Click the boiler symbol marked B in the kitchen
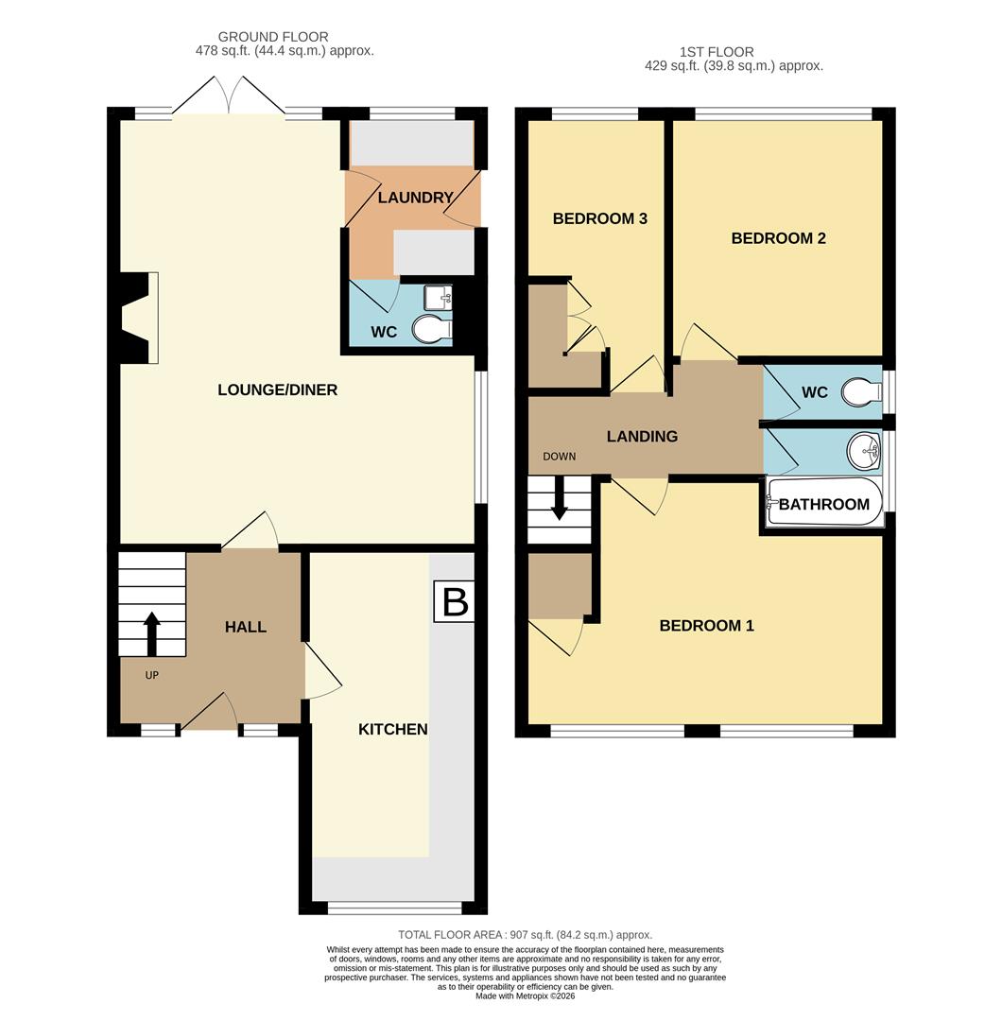point(455,601)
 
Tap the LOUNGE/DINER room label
point(277,389)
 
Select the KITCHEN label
point(392,729)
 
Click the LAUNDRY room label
point(415,198)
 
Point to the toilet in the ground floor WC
point(431,329)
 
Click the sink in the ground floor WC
point(439,298)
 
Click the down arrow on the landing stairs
point(559,499)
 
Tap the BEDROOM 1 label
point(706,625)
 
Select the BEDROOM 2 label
point(778,238)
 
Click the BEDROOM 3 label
point(599,218)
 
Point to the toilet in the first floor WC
point(860,391)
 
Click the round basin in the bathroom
point(863,452)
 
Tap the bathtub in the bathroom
point(824,504)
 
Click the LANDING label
point(642,436)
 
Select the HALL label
point(245,627)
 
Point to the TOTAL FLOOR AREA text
point(525,935)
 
